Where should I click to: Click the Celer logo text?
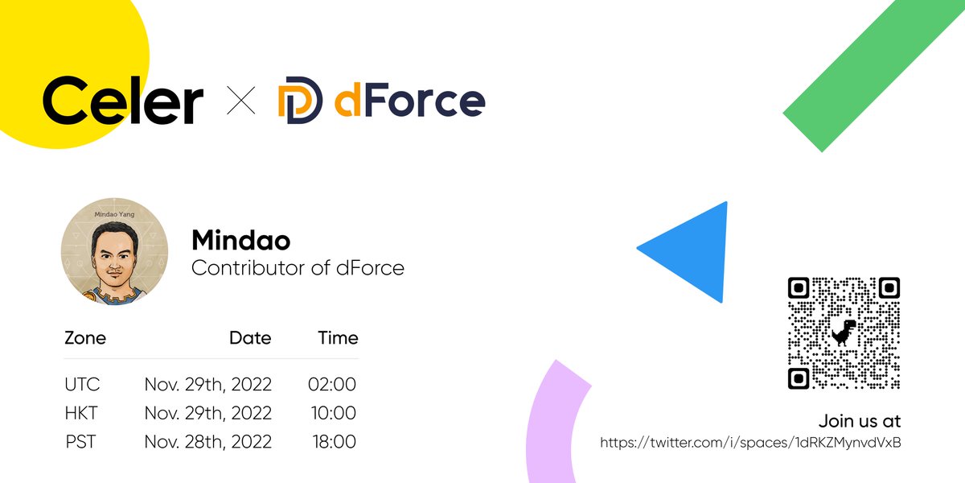(122, 101)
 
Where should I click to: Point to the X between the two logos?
(241, 103)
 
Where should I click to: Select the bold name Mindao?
(240, 240)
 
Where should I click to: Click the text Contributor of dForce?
(298, 268)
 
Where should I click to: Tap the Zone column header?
(85, 338)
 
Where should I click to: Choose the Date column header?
(250, 338)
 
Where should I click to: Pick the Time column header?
(338, 338)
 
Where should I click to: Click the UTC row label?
(82, 385)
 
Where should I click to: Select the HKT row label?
(81, 414)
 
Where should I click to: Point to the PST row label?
(81, 442)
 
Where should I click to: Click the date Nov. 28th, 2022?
(207, 442)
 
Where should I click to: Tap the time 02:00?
(331, 385)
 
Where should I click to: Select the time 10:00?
(333, 414)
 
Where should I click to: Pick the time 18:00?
(333, 442)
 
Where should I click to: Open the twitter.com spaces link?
(750, 443)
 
